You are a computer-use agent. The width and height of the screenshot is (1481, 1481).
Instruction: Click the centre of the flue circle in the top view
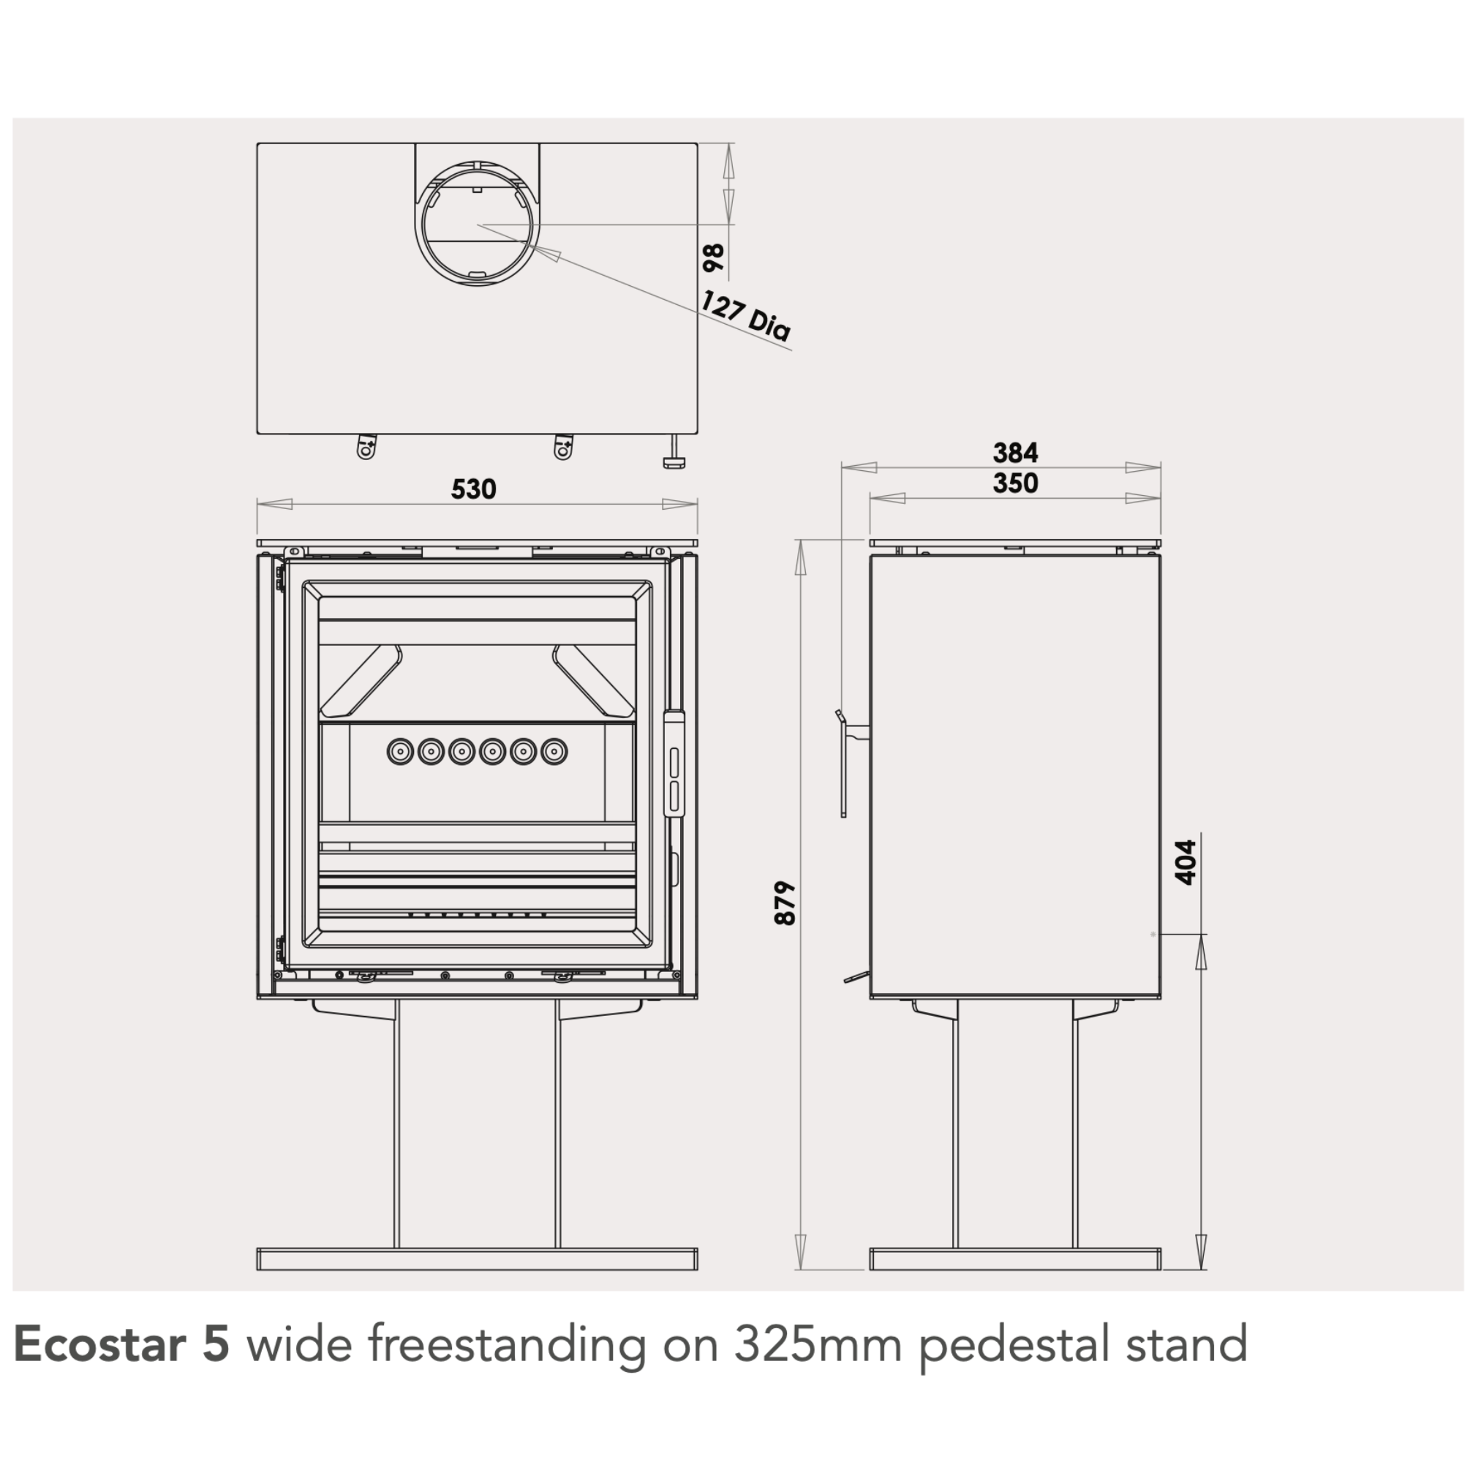[x=478, y=225]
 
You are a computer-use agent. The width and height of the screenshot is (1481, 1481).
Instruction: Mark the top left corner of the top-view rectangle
[x=257, y=143]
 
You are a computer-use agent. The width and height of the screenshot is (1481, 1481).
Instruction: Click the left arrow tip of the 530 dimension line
[x=258, y=505]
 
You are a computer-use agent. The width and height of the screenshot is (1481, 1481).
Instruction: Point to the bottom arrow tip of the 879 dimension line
[x=800, y=1269]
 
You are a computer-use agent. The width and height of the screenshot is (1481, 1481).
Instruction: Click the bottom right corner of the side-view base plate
[x=1160, y=1270]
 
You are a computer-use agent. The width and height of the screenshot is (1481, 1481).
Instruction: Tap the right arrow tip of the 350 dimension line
[x=1160, y=498]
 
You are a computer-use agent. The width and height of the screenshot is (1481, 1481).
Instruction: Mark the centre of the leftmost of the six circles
[x=400, y=751]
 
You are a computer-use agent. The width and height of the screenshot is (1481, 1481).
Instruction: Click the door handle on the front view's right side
[x=673, y=764]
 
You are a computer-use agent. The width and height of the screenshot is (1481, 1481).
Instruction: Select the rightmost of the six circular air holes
[x=554, y=751]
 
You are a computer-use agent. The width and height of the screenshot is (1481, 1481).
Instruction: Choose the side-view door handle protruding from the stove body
[x=850, y=764]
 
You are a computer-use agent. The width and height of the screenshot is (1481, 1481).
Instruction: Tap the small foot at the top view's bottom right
[x=674, y=451]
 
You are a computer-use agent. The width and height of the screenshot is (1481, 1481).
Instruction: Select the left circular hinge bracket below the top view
[x=366, y=446]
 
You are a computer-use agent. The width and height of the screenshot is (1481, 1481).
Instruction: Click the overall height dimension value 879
[x=785, y=903]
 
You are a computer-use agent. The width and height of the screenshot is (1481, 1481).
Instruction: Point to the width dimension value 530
[x=474, y=489]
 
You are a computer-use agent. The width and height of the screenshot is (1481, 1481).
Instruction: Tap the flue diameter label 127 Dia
[x=745, y=315]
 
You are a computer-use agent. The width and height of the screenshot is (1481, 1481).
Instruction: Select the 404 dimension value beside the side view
[x=1185, y=862]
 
